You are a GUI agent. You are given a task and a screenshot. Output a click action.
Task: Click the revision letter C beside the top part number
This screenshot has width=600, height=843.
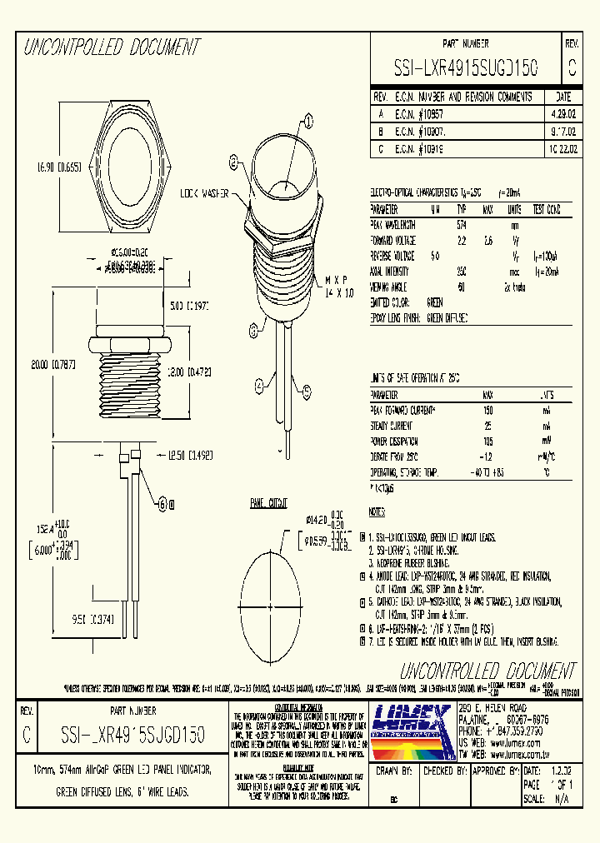point(571,66)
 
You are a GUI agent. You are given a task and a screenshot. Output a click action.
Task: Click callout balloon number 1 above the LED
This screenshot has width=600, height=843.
point(309,122)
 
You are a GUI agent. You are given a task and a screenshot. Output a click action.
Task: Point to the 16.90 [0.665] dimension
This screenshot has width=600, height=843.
point(35,167)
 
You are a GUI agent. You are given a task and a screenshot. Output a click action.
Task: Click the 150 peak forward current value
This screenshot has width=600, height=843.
point(488,411)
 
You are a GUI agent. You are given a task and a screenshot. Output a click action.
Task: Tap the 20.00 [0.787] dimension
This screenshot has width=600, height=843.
point(34,364)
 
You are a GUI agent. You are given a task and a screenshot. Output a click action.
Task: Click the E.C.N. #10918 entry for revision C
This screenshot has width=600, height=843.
point(421,149)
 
